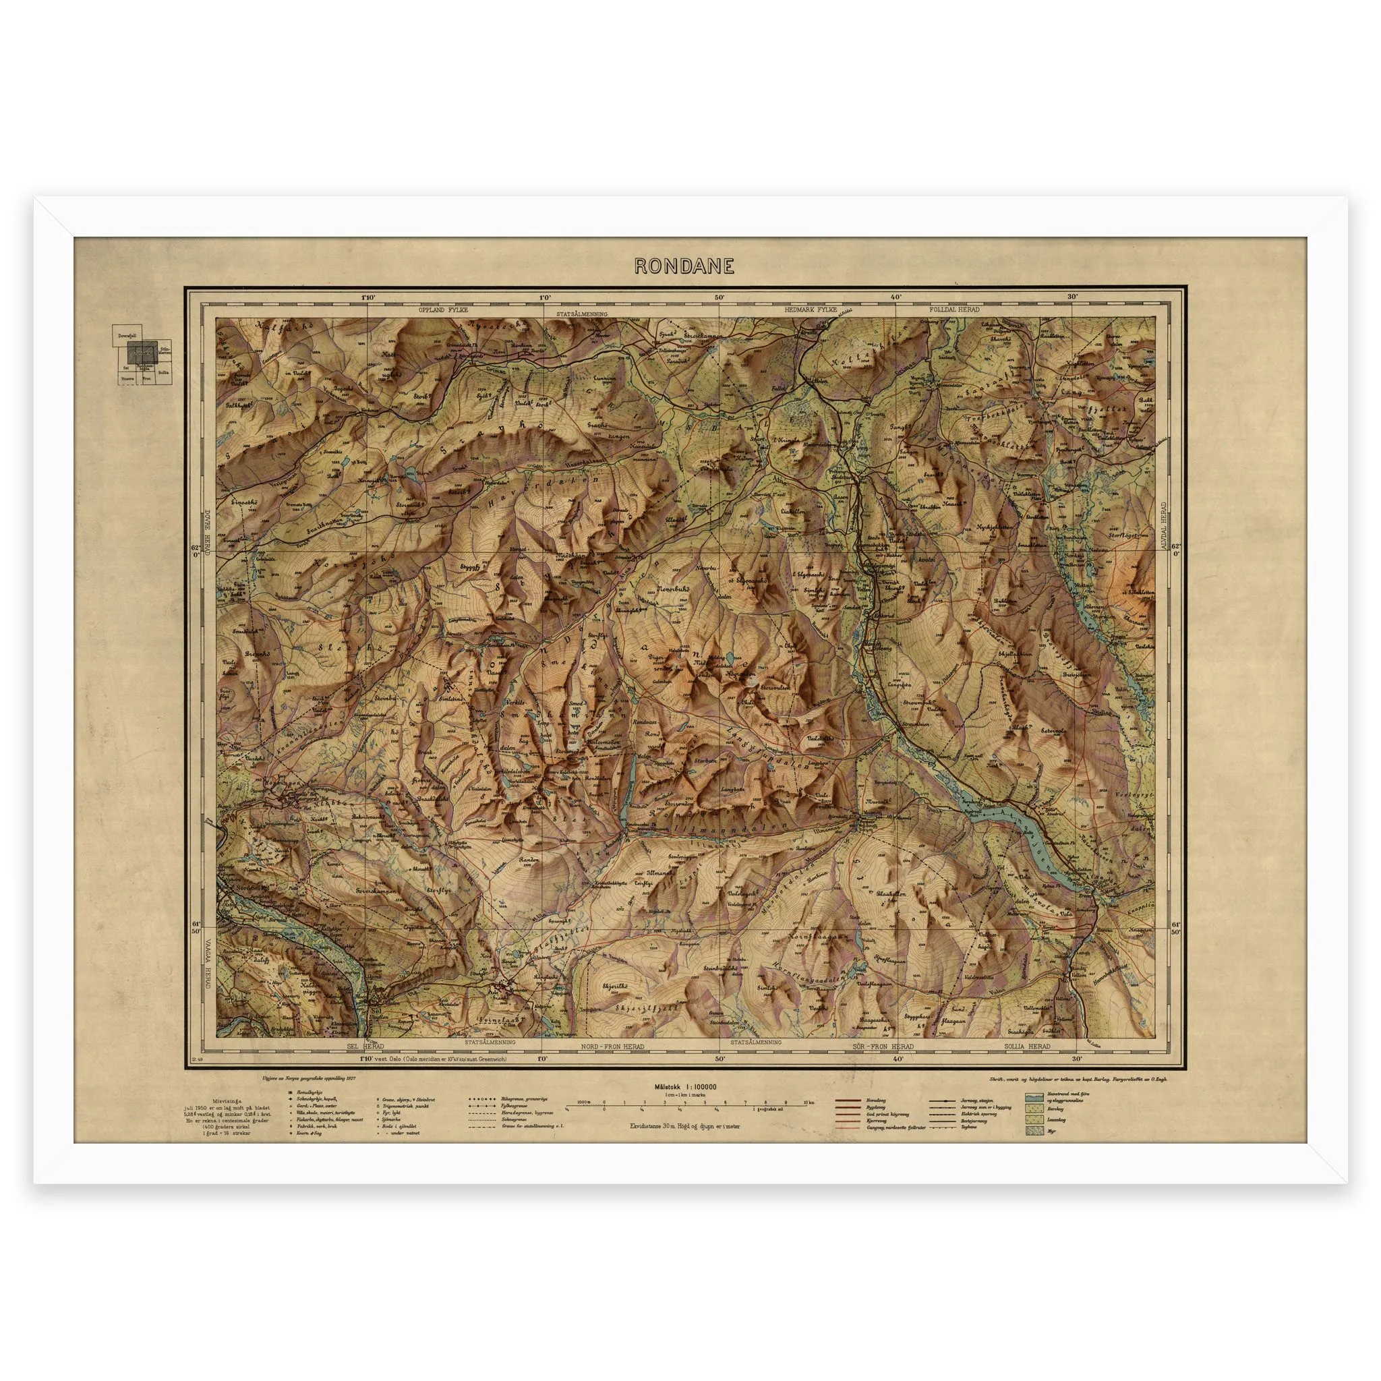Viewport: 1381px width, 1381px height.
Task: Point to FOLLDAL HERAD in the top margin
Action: tap(955, 310)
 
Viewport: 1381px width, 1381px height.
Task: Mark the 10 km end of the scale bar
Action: tap(806, 1104)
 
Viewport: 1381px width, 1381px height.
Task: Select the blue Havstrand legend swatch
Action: tap(1032, 1096)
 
